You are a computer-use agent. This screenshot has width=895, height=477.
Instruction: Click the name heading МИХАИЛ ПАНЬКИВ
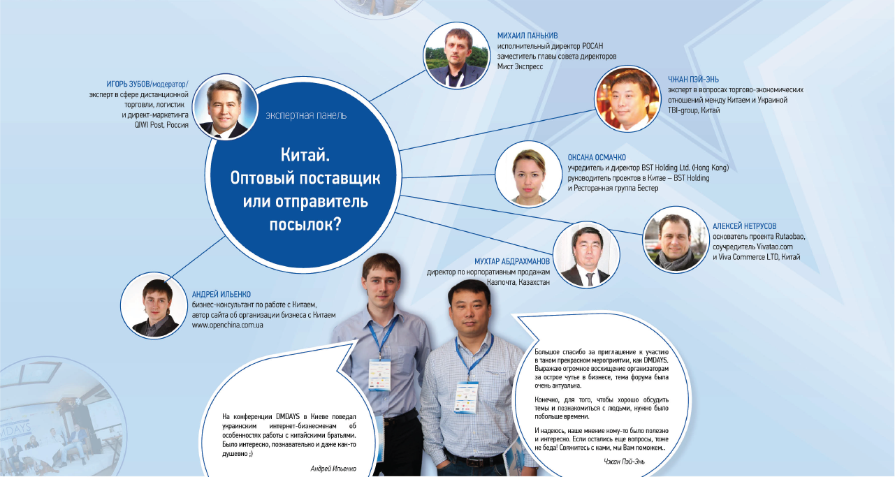click(x=527, y=36)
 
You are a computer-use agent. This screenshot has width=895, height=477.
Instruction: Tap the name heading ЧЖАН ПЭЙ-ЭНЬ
click(x=693, y=80)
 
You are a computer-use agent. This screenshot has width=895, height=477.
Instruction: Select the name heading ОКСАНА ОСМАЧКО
click(x=597, y=158)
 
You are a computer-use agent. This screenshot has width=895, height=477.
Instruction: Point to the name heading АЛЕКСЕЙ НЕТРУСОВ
click(x=745, y=226)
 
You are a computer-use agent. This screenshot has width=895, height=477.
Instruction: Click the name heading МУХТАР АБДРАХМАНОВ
click(x=512, y=262)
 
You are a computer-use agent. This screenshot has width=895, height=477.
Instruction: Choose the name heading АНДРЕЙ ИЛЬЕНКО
click(x=221, y=295)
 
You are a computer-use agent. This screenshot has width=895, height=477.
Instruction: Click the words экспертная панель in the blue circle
click(x=306, y=115)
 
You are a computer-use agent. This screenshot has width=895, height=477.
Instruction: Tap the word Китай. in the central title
click(x=305, y=155)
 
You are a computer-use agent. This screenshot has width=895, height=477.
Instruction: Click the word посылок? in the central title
click(x=305, y=224)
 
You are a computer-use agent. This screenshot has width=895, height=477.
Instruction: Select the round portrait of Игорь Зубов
click(x=226, y=107)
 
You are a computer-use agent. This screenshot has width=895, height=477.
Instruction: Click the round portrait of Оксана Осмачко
click(x=528, y=174)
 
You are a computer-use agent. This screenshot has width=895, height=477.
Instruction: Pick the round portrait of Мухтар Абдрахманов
click(x=587, y=255)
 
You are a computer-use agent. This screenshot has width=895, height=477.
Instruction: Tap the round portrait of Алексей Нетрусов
click(x=676, y=240)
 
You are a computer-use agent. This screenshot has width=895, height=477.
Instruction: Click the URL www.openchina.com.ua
click(x=227, y=325)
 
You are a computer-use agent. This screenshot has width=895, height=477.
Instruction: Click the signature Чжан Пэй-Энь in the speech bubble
click(x=624, y=462)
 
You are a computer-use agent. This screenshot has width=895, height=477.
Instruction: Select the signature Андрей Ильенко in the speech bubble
click(x=333, y=469)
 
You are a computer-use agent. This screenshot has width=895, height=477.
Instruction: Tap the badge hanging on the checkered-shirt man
click(x=466, y=397)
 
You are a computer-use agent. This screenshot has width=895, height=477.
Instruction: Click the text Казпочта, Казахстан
click(x=518, y=282)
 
